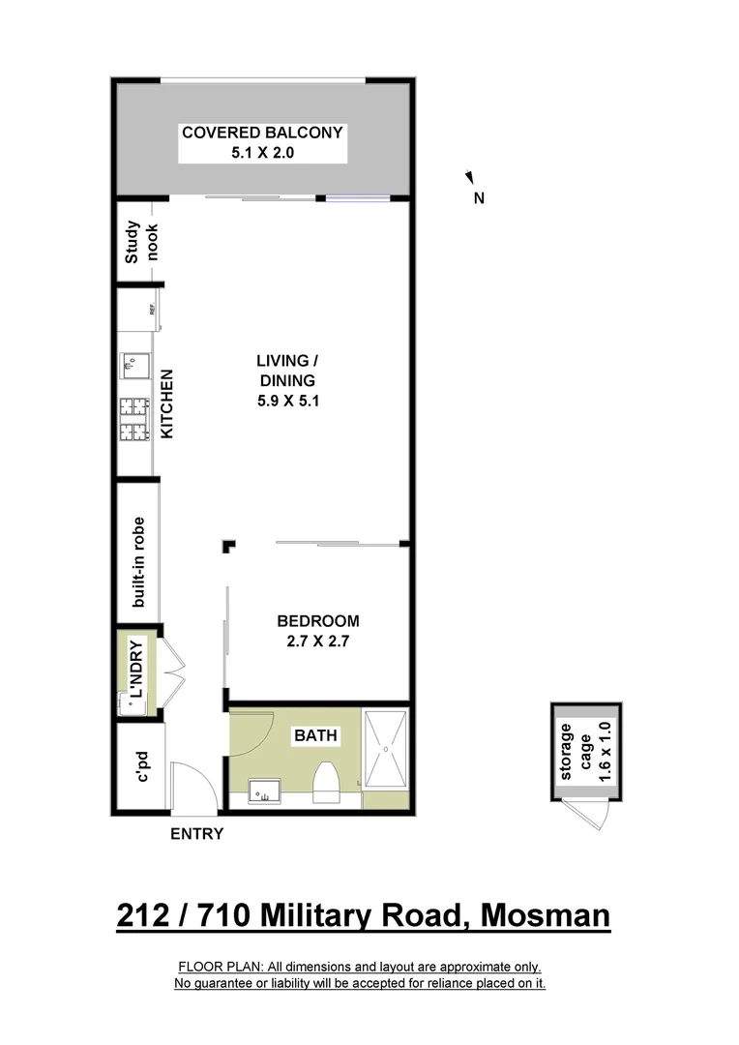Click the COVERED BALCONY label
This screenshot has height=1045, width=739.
[262, 133]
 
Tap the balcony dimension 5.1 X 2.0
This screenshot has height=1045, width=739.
[262, 154]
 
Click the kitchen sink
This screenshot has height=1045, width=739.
[133, 364]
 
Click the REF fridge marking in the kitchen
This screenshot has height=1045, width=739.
[152, 310]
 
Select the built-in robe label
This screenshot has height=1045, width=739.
[138, 560]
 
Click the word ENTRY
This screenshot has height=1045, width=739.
[196, 834]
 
